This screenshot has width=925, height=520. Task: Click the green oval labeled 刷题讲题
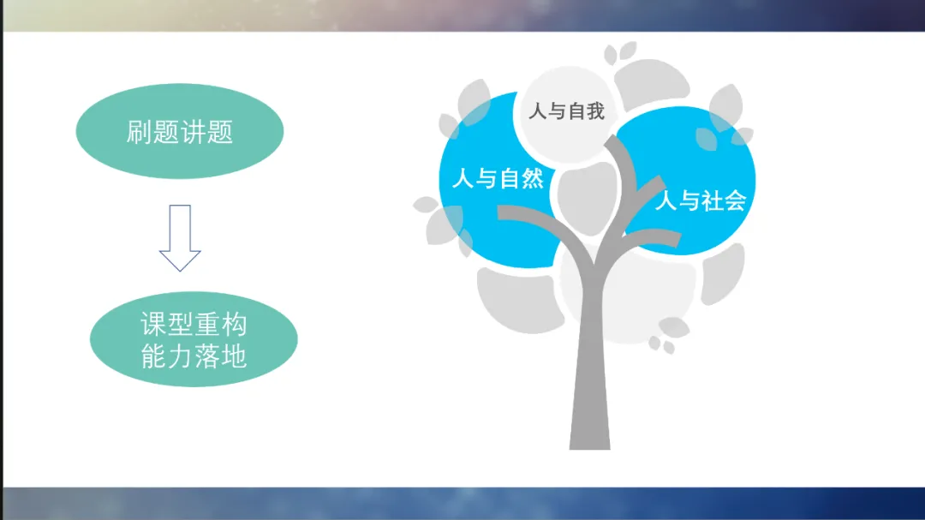point(179,131)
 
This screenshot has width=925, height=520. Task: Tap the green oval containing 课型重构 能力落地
point(194,339)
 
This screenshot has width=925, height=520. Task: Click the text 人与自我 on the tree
point(566,111)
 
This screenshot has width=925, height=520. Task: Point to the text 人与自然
point(498,178)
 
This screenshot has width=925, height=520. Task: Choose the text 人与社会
point(701,200)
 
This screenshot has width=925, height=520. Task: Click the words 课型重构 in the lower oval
point(194,324)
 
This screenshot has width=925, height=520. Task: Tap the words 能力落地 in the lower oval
point(194,356)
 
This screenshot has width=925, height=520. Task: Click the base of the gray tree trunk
point(590,437)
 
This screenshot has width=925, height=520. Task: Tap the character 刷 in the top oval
point(139,132)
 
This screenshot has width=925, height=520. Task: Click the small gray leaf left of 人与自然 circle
point(426,205)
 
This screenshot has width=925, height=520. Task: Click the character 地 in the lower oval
point(234,356)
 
